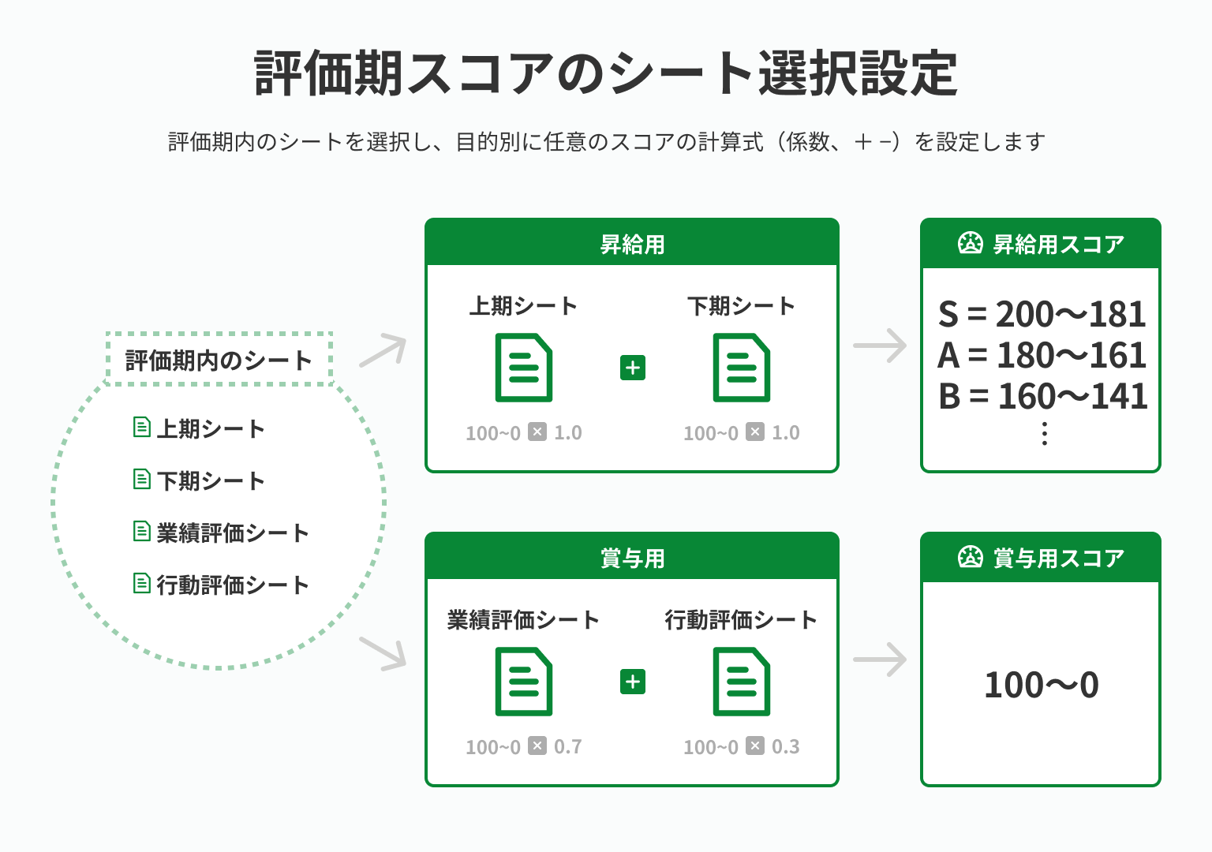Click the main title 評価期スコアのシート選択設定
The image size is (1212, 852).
606,73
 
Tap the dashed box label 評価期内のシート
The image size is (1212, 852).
219,361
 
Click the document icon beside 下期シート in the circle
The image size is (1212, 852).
142,480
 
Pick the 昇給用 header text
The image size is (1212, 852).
632,245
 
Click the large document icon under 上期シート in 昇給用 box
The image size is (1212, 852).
523,368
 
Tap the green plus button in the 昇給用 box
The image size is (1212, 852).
633,368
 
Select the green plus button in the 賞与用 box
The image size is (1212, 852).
633,682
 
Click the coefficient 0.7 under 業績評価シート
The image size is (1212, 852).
568,746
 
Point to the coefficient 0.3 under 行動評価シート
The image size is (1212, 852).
786,746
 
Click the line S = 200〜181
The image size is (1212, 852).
1042,315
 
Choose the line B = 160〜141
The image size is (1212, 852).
1042,396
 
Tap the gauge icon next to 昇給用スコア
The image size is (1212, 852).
971,243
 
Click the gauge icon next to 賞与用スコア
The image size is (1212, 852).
971,557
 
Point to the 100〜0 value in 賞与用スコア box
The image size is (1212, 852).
1042,685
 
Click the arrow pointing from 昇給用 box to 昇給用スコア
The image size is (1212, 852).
881,345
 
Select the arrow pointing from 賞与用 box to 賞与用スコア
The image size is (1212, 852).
881,660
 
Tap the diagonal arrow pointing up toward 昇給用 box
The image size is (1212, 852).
384,349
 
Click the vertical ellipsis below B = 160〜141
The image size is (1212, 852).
1045,434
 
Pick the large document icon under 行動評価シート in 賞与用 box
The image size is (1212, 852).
741,682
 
